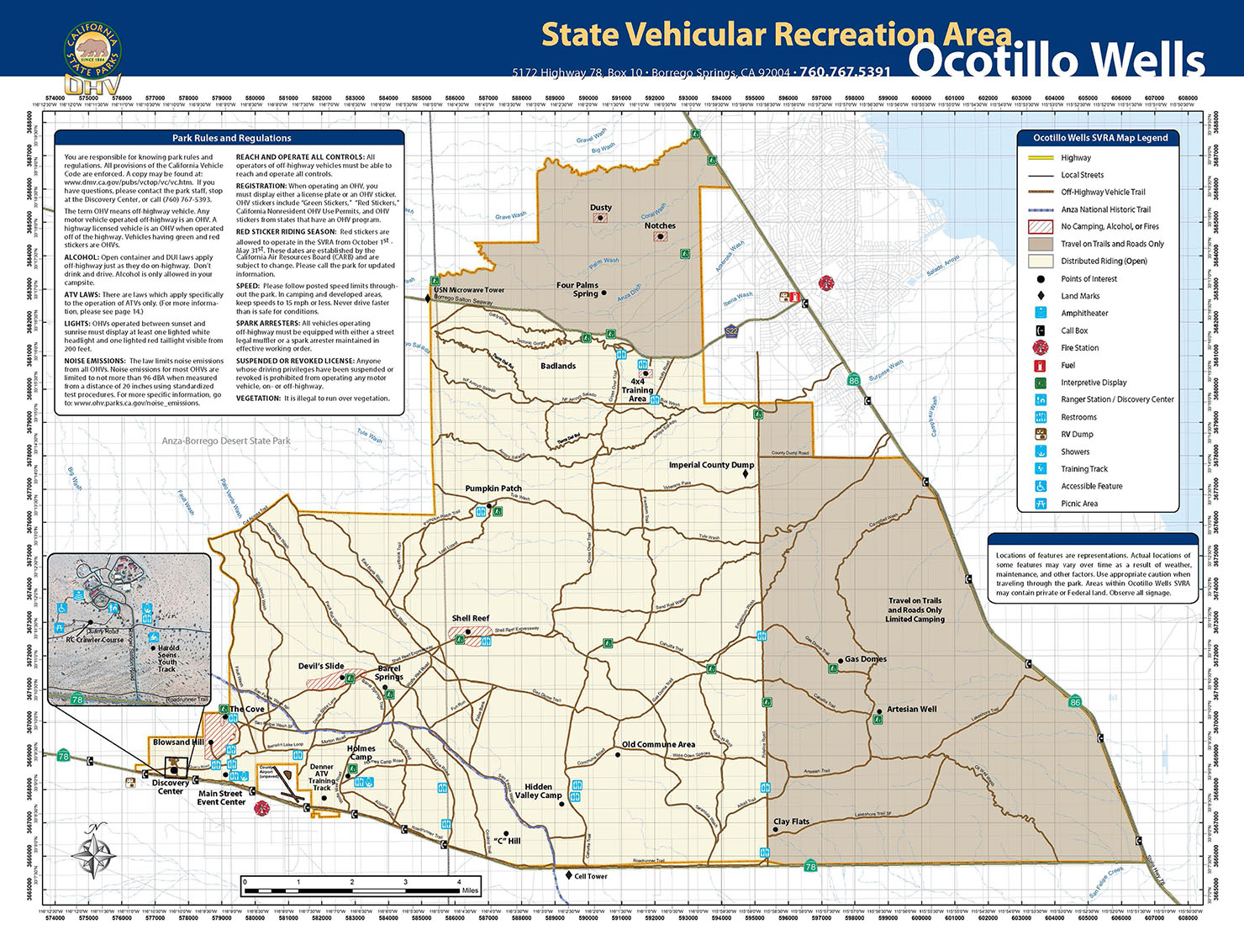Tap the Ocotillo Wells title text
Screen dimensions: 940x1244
click(1057, 61)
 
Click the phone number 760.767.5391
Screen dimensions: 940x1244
click(845, 72)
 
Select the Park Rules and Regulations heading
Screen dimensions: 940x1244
click(231, 138)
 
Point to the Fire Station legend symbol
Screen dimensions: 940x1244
click(1041, 348)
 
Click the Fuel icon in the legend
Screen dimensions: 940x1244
click(1041, 366)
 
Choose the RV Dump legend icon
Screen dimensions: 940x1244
click(1041, 435)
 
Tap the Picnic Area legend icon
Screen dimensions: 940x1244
click(1041, 504)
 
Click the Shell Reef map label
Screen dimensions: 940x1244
click(470, 618)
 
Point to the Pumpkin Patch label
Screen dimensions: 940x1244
click(493, 488)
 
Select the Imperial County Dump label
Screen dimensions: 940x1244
click(711, 465)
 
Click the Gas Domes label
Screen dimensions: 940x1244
click(866, 659)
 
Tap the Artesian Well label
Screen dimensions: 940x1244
click(911, 709)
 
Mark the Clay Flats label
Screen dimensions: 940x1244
click(791, 821)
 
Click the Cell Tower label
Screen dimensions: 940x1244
click(590, 876)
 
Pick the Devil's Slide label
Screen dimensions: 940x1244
click(321, 666)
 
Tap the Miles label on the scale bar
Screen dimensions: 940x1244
click(470, 890)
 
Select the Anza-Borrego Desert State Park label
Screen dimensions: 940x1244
click(226, 441)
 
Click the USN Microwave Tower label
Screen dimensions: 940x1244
click(469, 290)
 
